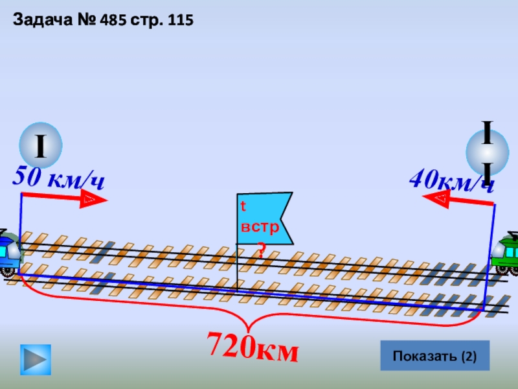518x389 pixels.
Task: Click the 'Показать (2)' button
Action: [x=434, y=355]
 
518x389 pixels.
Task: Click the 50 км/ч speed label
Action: [x=58, y=178]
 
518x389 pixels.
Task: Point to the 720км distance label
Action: [x=253, y=348]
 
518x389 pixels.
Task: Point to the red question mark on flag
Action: [x=261, y=249]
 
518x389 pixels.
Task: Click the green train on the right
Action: [x=507, y=255]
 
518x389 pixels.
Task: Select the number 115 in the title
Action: [x=179, y=20]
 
